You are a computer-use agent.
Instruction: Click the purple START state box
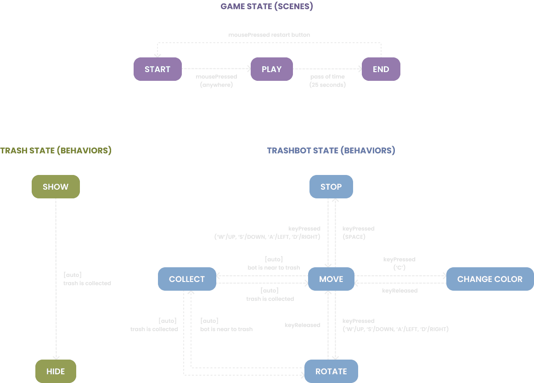pyautogui.click(x=157, y=69)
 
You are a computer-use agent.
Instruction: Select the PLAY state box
pyautogui.click(x=271, y=69)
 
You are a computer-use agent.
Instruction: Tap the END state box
pyautogui.click(x=381, y=69)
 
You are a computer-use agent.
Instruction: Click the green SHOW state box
pyautogui.click(x=56, y=187)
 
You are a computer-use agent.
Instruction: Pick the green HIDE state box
pyautogui.click(x=56, y=371)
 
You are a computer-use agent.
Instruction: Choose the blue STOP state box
pyautogui.click(x=331, y=186)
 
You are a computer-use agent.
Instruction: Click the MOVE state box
pyautogui.click(x=331, y=279)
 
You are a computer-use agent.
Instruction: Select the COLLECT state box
pyautogui.click(x=187, y=279)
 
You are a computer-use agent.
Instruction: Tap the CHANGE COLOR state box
pyautogui.click(x=489, y=279)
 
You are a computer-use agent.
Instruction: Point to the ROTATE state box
pyautogui.click(x=331, y=371)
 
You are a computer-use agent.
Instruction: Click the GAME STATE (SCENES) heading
pyautogui.click(x=267, y=6)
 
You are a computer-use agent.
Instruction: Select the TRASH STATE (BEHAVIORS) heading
pyautogui.click(x=56, y=151)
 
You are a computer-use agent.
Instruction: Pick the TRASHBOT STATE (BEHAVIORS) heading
pyautogui.click(x=331, y=151)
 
